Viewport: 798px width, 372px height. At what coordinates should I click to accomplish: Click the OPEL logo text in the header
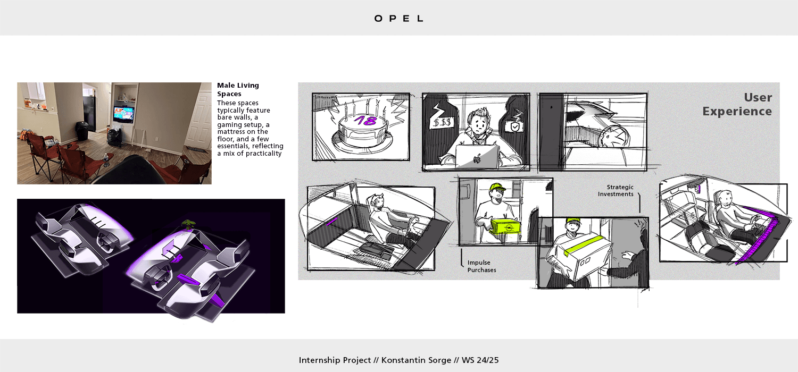pos(399,19)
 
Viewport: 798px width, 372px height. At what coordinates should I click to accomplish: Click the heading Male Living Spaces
pos(238,89)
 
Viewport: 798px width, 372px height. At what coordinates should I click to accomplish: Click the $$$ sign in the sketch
pos(443,123)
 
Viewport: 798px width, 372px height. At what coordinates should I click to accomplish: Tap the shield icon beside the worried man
pos(515,127)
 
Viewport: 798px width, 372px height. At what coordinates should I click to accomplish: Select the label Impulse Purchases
pos(481,266)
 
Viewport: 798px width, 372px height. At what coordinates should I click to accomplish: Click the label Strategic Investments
pos(616,190)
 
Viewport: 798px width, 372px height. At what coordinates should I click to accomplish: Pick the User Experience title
pos(737,104)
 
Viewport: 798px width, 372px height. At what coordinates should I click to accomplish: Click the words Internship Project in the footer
pos(335,360)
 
